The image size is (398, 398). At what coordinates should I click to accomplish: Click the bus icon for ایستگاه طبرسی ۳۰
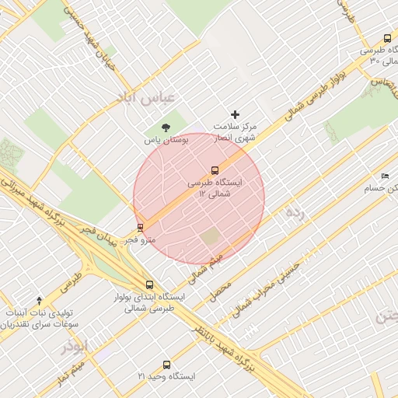pyautogui.click(x=387, y=38)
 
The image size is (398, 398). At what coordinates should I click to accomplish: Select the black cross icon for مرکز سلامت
pyautogui.click(x=236, y=114)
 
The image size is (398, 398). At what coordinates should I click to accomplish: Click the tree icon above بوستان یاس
pyautogui.click(x=165, y=127)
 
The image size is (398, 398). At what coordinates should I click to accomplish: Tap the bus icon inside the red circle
pyautogui.click(x=215, y=170)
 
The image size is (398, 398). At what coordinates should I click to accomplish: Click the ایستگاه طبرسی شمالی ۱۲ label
pyautogui.click(x=215, y=187)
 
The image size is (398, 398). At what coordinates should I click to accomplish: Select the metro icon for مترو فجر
pyautogui.click(x=140, y=228)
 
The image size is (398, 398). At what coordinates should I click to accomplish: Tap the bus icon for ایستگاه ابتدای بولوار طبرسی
pyautogui.click(x=149, y=285)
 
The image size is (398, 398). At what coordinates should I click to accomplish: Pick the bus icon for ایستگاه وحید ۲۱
pyautogui.click(x=166, y=365)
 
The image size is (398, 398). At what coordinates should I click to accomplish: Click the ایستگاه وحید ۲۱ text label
pyautogui.click(x=166, y=376)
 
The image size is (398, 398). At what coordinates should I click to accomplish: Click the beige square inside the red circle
pyautogui.click(x=210, y=236)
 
